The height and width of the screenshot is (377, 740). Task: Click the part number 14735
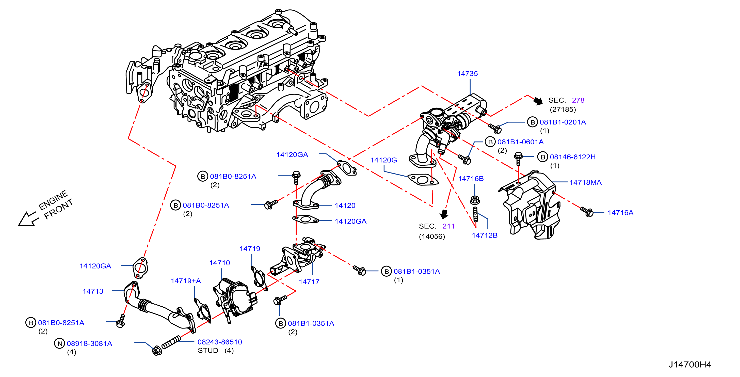click(x=467, y=74)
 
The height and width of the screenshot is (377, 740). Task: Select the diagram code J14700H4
click(x=690, y=365)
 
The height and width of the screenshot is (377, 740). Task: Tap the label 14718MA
click(x=585, y=182)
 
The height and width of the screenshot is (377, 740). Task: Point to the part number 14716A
click(x=620, y=213)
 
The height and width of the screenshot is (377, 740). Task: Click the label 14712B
click(x=485, y=235)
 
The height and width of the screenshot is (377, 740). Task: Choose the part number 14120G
click(x=384, y=160)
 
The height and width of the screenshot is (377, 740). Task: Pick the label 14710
click(x=220, y=263)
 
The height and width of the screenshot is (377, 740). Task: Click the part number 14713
click(x=93, y=291)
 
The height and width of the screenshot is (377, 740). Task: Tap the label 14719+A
click(x=186, y=281)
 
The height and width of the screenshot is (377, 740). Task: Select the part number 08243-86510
click(x=220, y=342)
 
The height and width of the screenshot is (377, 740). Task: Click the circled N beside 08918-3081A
click(x=59, y=343)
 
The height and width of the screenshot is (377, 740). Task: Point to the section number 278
click(x=578, y=100)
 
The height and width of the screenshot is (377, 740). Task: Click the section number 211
click(x=448, y=226)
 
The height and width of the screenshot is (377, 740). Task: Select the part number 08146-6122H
click(x=573, y=157)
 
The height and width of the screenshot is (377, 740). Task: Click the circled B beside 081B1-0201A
click(x=532, y=122)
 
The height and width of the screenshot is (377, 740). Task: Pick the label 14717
click(x=309, y=282)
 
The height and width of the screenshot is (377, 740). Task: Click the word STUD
click(x=208, y=351)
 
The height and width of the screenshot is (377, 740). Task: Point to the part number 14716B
click(x=471, y=179)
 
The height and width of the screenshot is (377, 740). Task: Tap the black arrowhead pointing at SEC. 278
click(x=538, y=101)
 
